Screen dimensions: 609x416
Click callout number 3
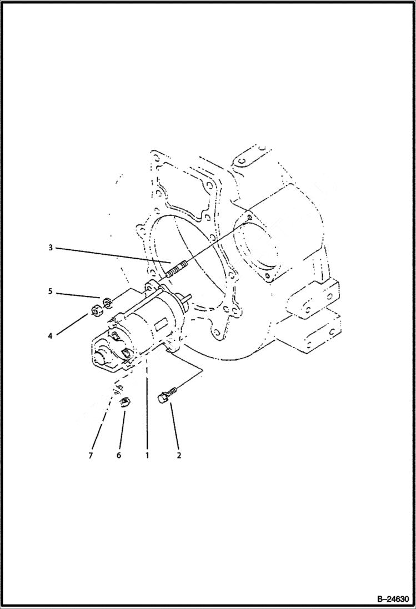(x=50, y=247)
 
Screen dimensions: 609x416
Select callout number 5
(x=50, y=291)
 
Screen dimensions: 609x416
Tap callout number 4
(x=50, y=336)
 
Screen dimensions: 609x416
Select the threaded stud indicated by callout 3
(x=173, y=270)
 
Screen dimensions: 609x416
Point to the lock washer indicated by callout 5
(x=108, y=303)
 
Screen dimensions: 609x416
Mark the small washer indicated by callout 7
(x=119, y=389)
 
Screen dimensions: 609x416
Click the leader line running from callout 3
(x=111, y=259)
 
